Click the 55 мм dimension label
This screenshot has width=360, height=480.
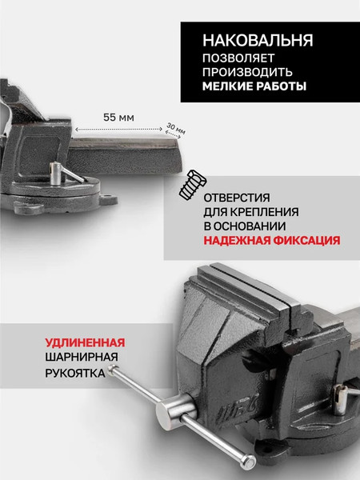coord(118,117)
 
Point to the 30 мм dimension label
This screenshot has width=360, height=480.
coord(175,128)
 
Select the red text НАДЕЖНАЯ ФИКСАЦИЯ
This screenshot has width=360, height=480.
coord(270,240)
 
